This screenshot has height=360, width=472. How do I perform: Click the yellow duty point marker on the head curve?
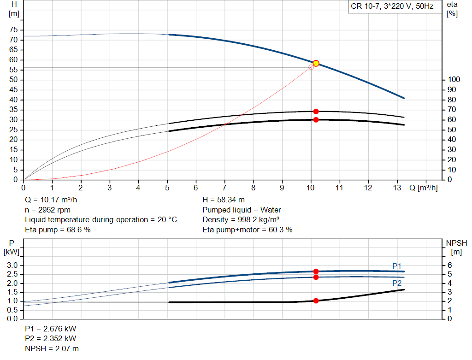(x=316, y=63)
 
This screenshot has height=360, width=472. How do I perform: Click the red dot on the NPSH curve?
(x=316, y=301)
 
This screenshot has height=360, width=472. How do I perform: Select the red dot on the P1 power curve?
(x=316, y=271)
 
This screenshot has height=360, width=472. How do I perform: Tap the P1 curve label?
(x=397, y=266)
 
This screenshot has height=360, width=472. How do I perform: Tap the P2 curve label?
(x=397, y=283)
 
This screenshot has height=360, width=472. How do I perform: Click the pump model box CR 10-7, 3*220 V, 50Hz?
(x=392, y=6)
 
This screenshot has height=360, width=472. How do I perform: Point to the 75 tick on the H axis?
(x=13, y=30)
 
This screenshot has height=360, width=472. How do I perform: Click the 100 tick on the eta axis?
(x=454, y=79)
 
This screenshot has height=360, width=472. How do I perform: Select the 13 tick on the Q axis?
(x=397, y=188)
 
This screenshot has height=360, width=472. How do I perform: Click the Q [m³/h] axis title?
(x=423, y=188)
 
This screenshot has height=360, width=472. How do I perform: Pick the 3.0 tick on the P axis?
(x=12, y=265)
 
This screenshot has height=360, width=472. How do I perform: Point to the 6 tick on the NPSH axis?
(x=449, y=265)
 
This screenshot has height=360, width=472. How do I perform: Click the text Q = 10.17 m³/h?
(x=51, y=200)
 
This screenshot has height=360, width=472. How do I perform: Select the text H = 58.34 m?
(x=224, y=200)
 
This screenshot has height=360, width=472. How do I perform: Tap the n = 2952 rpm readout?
(x=47, y=210)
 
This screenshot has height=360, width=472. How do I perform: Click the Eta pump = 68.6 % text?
(x=58, y=230)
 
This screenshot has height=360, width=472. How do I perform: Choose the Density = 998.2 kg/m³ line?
(x=241, y=219)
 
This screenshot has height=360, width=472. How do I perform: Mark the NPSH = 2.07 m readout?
(x=52, y=348)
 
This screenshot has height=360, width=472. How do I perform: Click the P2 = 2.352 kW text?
(x=51, y=338)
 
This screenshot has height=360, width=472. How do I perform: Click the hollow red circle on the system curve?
(x=311, y=67)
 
